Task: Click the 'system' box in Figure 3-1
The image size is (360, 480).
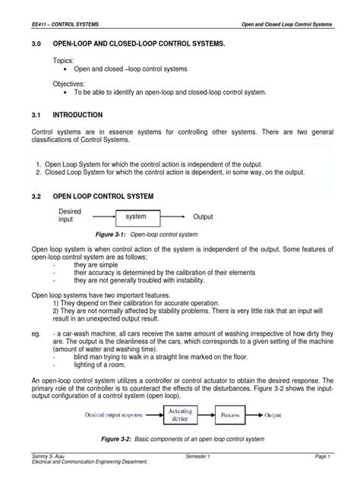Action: pyautogui.click(x=136, y=217)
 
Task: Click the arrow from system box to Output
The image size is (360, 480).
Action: pyautogui.click(x=174, y=217)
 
